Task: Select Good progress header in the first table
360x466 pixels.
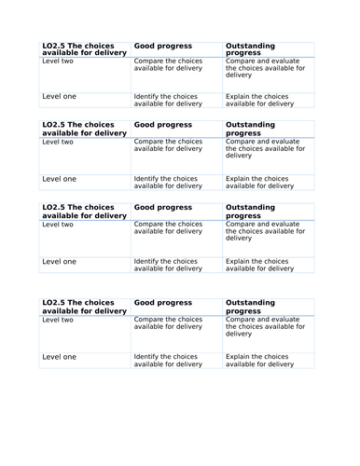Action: [163, 45]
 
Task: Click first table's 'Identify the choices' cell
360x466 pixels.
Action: [168, 100]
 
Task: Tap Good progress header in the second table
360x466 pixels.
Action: [163, 124]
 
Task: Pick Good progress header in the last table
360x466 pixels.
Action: [163, 303]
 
